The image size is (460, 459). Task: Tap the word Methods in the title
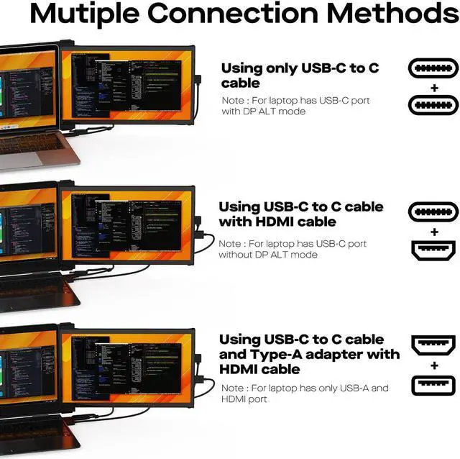(x=387, y=14)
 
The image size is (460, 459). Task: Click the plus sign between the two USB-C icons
(x=433, y=87)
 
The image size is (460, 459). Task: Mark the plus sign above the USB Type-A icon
(x=433, y=365)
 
